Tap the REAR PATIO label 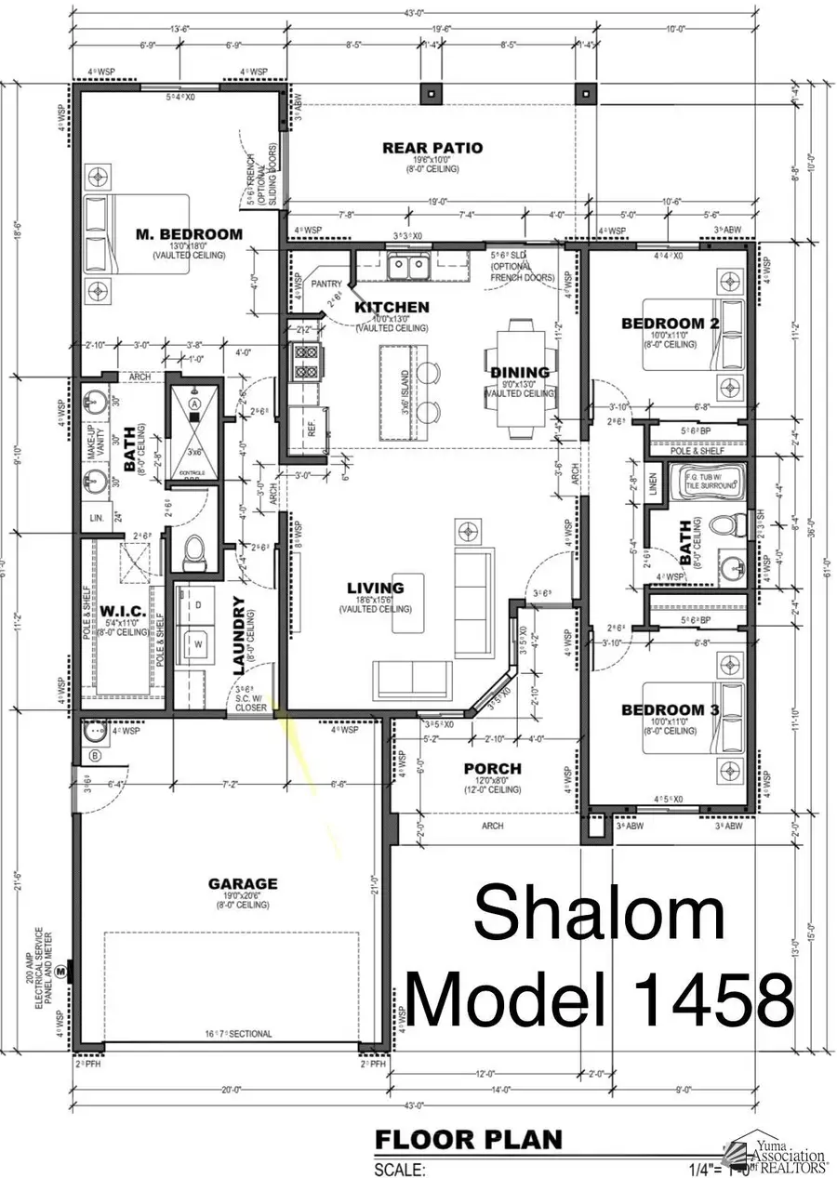coord(419,147)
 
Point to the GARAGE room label coord(242,883)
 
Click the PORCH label coord(492,769)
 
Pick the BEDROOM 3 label coord(670,710)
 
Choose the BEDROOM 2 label coord(671,324)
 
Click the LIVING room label coord(375,588)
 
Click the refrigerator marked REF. coord(311,429)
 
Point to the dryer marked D coord(197,605)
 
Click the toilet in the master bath coord(195,554)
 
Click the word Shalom coord(599,914)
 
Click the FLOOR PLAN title coord(468,1139)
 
